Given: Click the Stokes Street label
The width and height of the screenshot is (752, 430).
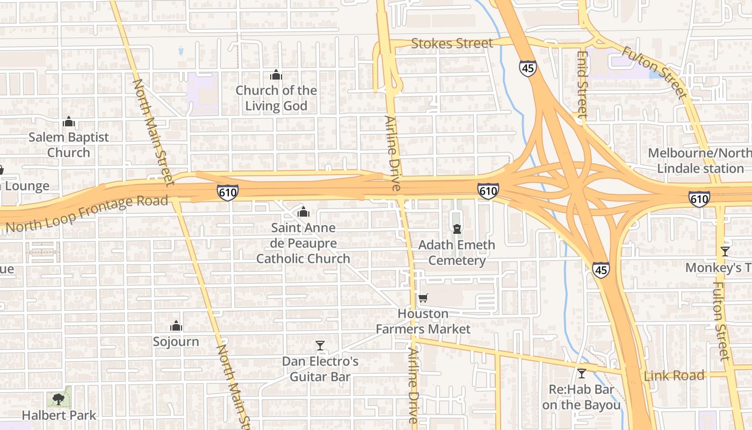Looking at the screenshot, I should point(451,43).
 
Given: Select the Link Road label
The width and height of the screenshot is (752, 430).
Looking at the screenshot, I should point(674,375).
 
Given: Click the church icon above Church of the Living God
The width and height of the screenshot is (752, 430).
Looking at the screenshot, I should point(276,75).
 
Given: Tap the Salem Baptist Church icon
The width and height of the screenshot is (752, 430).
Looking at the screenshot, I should point(68,122).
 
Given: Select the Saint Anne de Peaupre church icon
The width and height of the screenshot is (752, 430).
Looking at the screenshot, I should point(303,212).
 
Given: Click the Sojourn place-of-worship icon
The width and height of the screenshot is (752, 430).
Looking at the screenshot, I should point(176,326).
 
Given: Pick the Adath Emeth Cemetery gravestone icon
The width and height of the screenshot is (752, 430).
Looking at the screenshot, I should point(457,230).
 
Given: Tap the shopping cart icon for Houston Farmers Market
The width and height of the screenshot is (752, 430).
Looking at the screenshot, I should point(423,298).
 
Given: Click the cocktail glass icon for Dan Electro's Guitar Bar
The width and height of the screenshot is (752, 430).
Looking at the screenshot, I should point(320,345).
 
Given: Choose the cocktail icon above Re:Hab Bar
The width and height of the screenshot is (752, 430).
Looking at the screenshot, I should point(581,373).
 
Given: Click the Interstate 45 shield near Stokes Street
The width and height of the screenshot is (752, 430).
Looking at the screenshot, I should point(527,68).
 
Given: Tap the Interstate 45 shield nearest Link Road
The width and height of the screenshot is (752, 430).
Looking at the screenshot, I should point(601,270).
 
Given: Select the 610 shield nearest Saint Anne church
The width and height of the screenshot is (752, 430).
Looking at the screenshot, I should point(228,192).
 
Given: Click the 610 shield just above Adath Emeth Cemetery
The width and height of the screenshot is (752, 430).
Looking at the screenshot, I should point(488,190).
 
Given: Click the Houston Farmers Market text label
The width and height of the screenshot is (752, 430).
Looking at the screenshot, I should point(423,321).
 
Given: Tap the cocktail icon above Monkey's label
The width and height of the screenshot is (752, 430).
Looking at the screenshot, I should point(725,251).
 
